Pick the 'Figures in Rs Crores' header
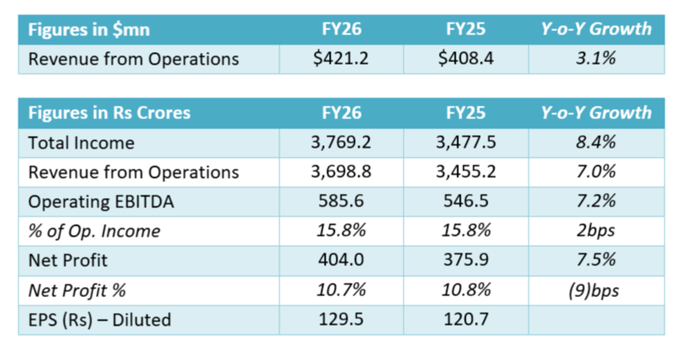coord(110,112)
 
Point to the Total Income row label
coord(81,143)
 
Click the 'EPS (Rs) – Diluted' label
coord(100,320)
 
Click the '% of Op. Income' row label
coord(95,232)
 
